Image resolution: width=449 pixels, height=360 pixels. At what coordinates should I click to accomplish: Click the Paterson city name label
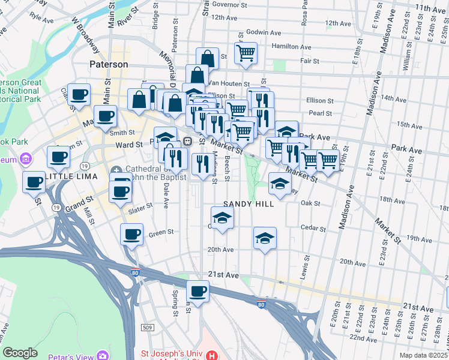pyautogui.click(x=109, y=64)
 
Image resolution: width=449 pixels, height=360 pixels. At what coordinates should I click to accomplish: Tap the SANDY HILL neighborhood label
pyautogui.click(x=249, y=204)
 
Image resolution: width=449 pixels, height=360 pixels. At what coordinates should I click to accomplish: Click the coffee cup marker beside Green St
pyautogui.click(x=132, y=234)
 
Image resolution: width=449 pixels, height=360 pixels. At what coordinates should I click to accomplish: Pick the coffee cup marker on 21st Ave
pyautogui.click(x=197, y=292)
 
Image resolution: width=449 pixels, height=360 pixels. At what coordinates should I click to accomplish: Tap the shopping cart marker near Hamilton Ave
pyautogui.click(x=246, y=53)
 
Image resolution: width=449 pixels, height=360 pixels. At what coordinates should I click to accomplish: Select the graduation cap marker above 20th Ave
pyautogui.click(x=265, y=238)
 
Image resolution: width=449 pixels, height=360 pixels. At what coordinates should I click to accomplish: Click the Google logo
pyautogui.click(x=20, y=353)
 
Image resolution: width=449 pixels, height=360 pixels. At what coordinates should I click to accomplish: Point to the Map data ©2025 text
pyautogui.click(x=423, y=355)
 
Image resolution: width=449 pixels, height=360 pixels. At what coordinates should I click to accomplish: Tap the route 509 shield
pyautogui.click(x=147, y=327)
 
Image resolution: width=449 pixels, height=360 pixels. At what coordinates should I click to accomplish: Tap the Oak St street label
pyautogui.click(x=310, y=203)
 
